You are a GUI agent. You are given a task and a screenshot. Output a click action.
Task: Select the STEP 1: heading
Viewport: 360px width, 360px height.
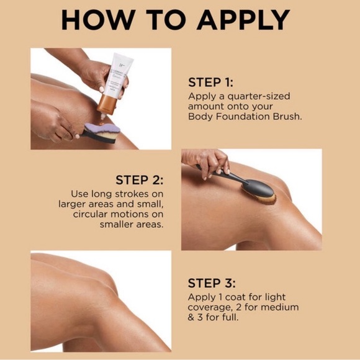[x=212, y=83]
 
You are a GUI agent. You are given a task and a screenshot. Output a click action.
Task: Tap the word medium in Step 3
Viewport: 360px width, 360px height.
[x=277, y=307]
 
